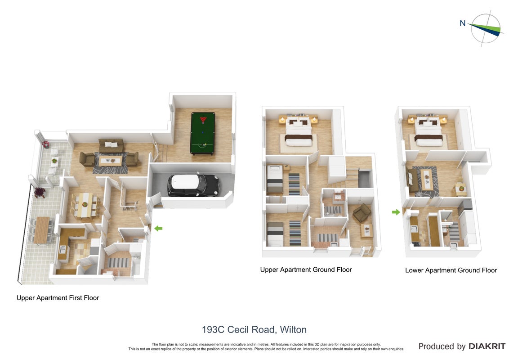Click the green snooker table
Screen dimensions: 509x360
pyautogui.click(x=202, y=133)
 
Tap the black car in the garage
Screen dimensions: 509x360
pyautogui.click(x=193, y=185)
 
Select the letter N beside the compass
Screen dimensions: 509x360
pyautogui.click(x=463, y=23)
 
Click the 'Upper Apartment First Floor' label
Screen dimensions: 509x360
pyautogui.click(x=58, y=297)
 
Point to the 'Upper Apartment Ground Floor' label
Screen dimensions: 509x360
pyautogui.click(x=306, y=270)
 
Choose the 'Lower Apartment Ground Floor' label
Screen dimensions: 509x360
pyautogui.click(x=451, y=270)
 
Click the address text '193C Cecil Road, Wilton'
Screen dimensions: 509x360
pyautogui.click(x=254, y=329)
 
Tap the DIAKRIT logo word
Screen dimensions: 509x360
pyautogui.click(x=487, y=346)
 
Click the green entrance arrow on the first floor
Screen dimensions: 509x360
pyautogui.click(x=158, y=229)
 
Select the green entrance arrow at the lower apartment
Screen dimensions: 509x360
pyautogui.click(x=396, y=212)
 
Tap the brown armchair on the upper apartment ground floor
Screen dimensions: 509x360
pyautogui.click(x=362, y=213)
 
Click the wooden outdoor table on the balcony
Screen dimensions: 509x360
pyautogui.click(x=41, y=230)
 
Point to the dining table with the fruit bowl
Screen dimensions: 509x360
pyautogui.click(x=85, y=205)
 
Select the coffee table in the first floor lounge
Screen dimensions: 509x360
pyautogui.click(x=111, y=161)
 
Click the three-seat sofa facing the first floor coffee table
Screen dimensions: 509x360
pyautogui.click(x=111, y=145)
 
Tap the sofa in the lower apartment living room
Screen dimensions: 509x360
pyautogui.click(x=413, y=180)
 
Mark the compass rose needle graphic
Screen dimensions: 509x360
pyautogui.click(x=486, y=29)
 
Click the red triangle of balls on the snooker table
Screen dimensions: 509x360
pyautogui.click(x=203, y=120)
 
